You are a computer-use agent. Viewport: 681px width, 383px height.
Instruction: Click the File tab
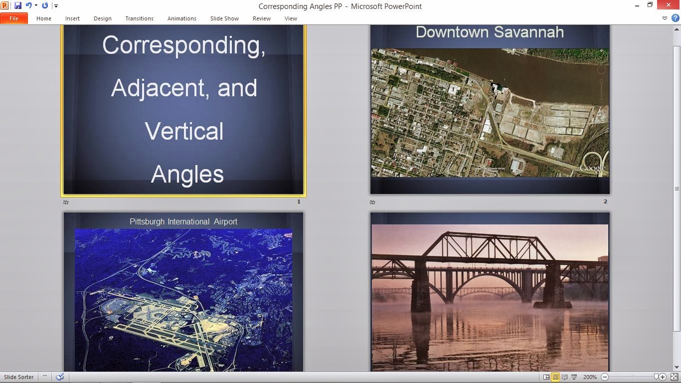13,18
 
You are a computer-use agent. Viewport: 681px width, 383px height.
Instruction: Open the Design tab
102,18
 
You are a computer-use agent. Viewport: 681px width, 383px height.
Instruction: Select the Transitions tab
139,18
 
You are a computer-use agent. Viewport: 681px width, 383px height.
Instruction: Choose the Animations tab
181,18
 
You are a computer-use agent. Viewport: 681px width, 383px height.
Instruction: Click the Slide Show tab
224,18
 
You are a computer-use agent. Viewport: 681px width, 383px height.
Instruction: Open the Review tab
261,18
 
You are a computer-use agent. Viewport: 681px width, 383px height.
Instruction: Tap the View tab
291,18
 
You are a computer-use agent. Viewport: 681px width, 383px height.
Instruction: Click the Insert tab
72,18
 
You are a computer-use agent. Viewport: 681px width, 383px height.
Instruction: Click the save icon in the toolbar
18,6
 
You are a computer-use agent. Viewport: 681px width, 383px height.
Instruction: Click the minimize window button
638,5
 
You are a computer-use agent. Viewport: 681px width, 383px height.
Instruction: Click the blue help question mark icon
675,18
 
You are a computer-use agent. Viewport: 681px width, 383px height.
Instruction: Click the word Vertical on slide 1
184,131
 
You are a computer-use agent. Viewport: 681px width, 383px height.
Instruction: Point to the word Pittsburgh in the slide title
147,221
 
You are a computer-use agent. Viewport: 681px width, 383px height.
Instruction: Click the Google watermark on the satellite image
592,168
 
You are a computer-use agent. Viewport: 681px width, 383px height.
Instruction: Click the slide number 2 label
605,201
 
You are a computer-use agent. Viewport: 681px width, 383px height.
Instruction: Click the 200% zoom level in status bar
590,377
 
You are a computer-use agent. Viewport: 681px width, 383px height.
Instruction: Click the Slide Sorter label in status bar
19,377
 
